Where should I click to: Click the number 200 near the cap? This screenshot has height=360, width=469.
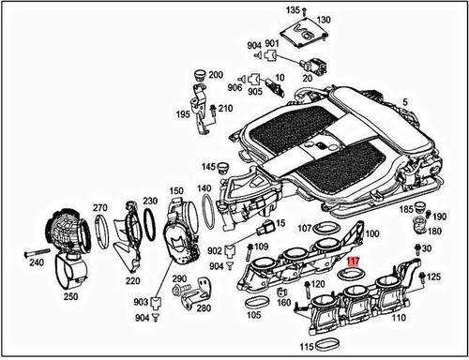(x=214, y=75)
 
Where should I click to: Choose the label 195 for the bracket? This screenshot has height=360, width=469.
(x=184, y=114)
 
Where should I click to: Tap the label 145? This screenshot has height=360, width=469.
(x=208, y=166)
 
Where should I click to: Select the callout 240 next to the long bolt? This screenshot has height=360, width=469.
(x=37, y=263)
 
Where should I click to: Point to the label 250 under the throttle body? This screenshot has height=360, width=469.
(x=70, y=296)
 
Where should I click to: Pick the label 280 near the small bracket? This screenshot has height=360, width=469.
(x=204, y=307)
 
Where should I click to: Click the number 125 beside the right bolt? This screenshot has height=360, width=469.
(x=432, y=277)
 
